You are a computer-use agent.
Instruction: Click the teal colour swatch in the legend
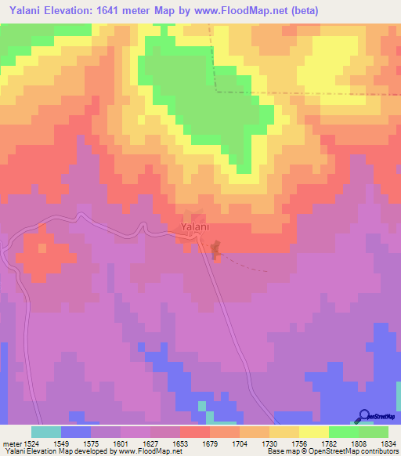(x=46, y=432)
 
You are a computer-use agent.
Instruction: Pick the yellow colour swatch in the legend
(x=314, y=432)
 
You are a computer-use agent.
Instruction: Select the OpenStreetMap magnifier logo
(x=365, y=415)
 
